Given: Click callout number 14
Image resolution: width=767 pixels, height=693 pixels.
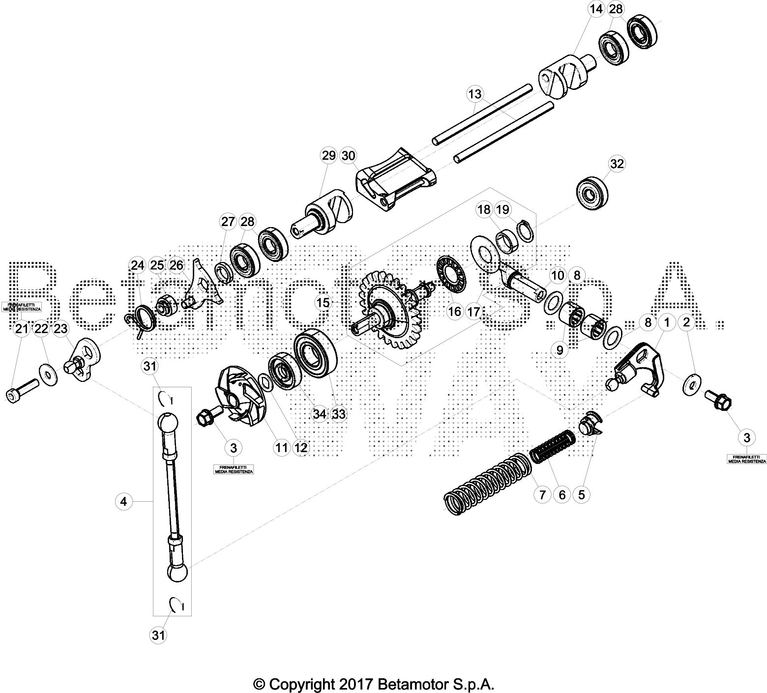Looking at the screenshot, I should click(x=596, y=9).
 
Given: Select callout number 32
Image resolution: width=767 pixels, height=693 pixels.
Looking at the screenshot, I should click(x=617, y=163).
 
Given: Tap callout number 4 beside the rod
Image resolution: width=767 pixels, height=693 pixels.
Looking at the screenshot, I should click(x=123, y=501).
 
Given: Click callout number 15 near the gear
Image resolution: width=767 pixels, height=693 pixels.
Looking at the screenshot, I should click(x=323, y=303).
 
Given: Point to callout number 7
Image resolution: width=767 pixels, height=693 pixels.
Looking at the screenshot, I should click(x=542, y=494).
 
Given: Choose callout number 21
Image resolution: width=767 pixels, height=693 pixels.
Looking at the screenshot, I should click(x=21, y=329).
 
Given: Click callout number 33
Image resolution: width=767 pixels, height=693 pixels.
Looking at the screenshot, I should click(x=339, y=414).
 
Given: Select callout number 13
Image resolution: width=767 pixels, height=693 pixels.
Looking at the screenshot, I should click(x=475, y=93).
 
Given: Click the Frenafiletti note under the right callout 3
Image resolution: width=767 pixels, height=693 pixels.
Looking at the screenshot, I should click(x=746, y=459).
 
